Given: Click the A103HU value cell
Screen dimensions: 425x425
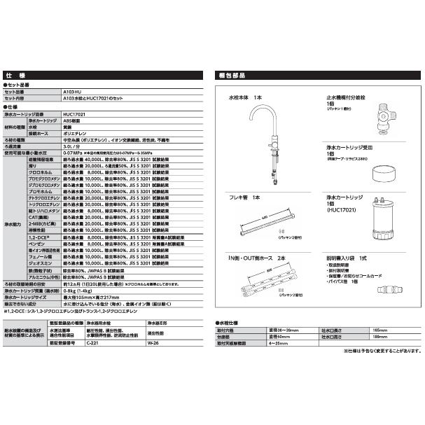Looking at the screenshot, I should pos(70,91).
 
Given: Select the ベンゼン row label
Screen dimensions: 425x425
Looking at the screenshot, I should pos(36,244).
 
